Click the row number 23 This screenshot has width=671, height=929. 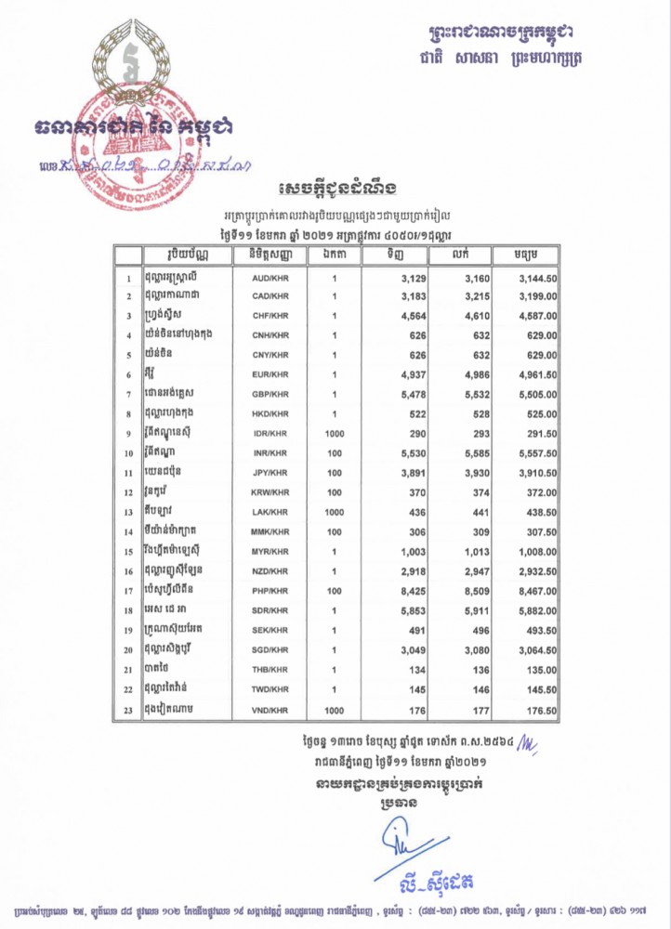coord(127,711)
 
